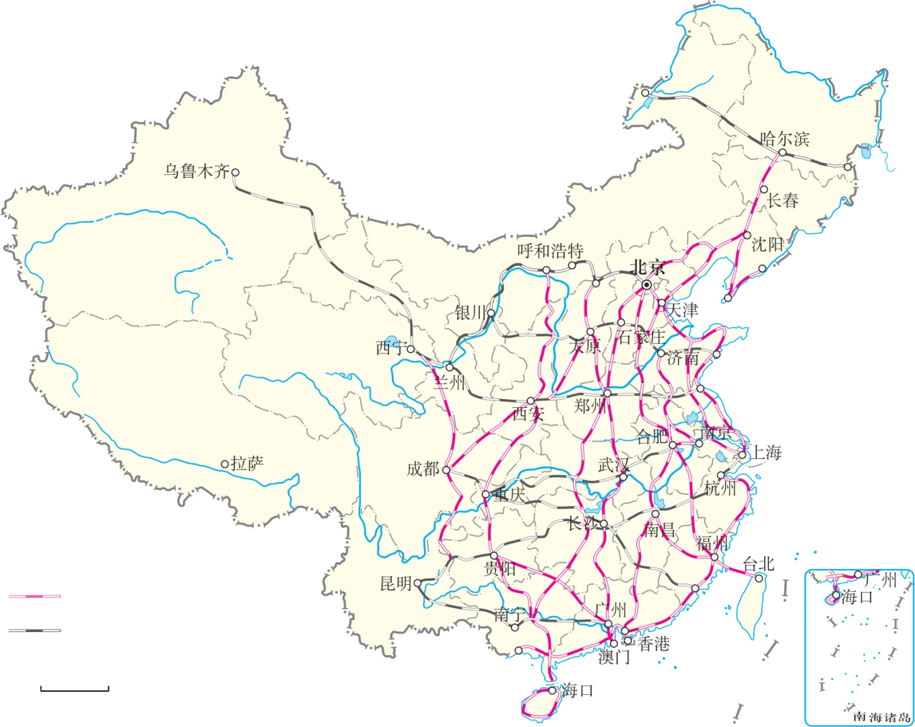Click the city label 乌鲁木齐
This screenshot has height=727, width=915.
pyautogui.click(x=197, y=172)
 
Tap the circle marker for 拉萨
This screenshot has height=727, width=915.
pyautogui.click(x=226, y=464)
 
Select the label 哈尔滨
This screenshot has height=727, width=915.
pyautogui.click(x=784, y=139)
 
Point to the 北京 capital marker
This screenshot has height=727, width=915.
pyautogui.click(x=646, y=285)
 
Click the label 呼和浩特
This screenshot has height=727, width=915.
pyautogui.click(x=550, y=252)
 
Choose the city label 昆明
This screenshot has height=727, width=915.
pyautogui.click(x=396, y=583)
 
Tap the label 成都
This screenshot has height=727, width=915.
pyautogui.click(x=423, y=469)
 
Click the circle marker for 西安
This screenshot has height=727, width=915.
pyautogui.click(x=531, y=401)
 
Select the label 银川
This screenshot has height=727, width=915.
pyautogui.click(x=470, y=312)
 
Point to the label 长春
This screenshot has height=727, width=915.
pyautogui.click(x=782, y=200)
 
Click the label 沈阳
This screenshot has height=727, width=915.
pyautogui.click(x=767, y=244)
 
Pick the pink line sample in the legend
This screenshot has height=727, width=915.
pyautogui.click(x=35, y=596)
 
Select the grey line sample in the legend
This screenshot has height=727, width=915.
pyautogui.click(x=35, y=630)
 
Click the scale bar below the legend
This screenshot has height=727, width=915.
pyautogui.click(x=75, y=689)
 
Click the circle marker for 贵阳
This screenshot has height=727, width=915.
pyautogui.click(x=494, y=556)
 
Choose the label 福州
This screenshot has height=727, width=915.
pyautogui.click(x=712, y=543)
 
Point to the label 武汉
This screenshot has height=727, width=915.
pyautogui.click(x=613, y=465)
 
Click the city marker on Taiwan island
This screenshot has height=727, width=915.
pyautogui.click(x=759, y=578)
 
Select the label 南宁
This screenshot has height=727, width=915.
pyautogui.click(x=509, y=614)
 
